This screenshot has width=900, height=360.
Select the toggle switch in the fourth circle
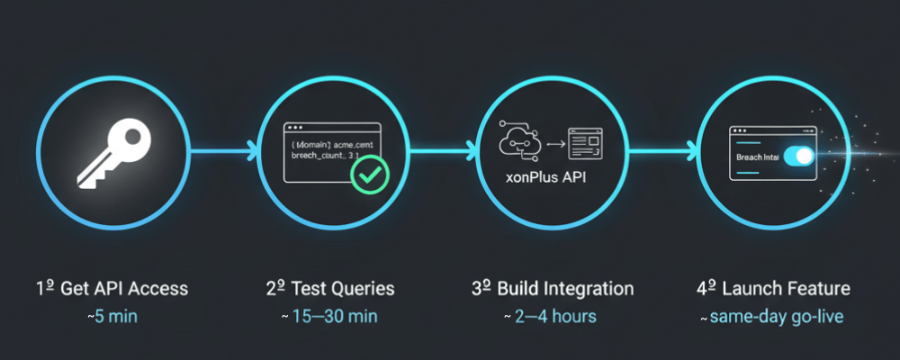click(798, 157)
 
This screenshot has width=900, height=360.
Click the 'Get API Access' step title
click(124, 289)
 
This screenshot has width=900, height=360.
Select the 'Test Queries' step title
click(341, 289)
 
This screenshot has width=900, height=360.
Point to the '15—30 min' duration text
click(334, 316)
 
